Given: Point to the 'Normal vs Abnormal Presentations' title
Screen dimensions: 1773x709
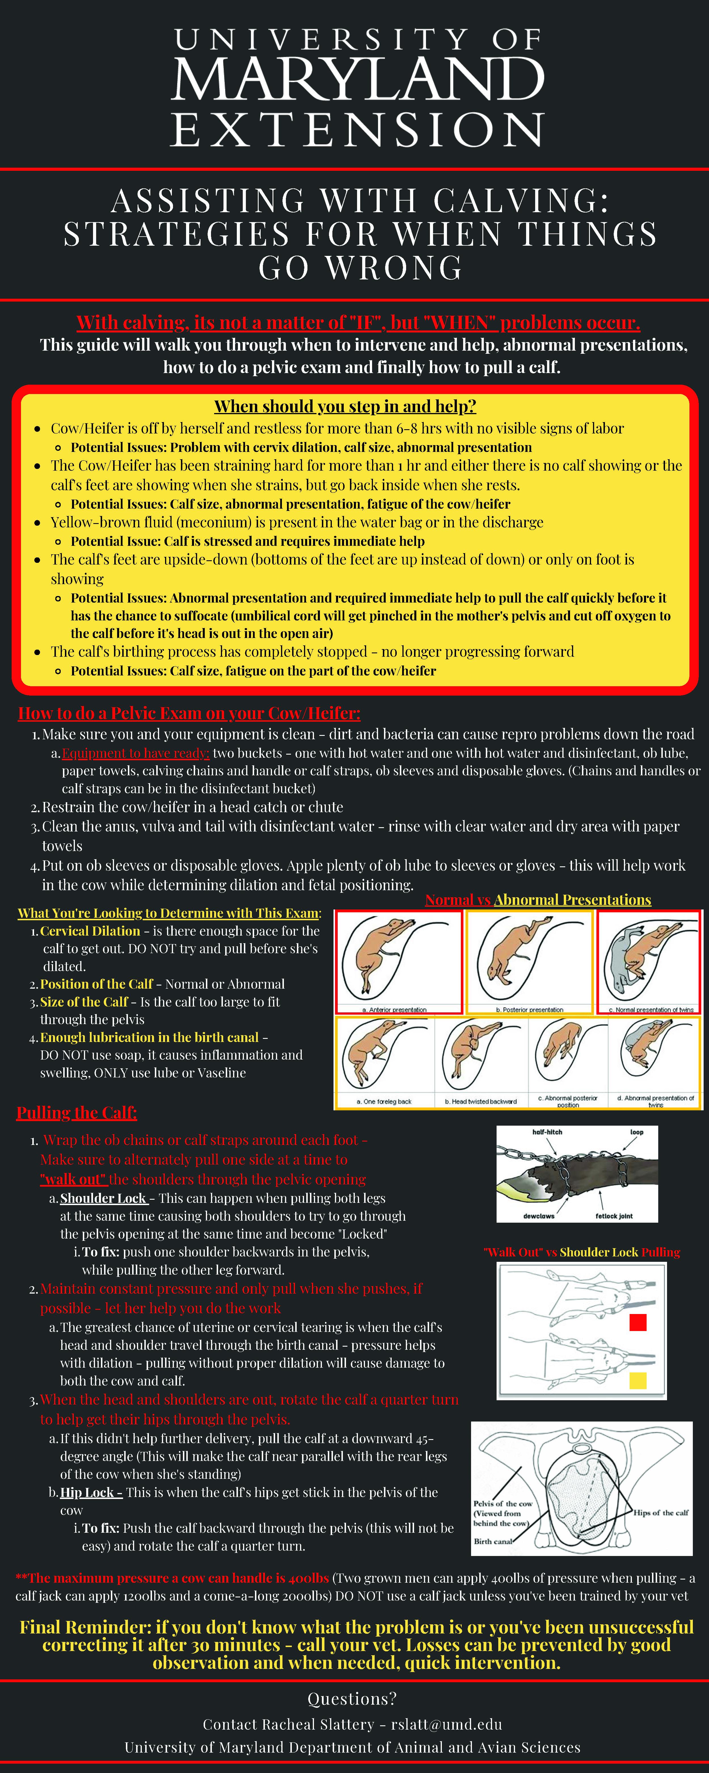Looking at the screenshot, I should click(x=538, y=900).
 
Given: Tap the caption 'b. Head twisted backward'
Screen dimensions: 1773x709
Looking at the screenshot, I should click(x=480, y=1101).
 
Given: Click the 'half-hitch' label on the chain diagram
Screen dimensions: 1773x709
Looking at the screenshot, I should click(x=547, y=1132).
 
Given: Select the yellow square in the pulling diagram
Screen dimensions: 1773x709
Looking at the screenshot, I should click(x=638, y=1380).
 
